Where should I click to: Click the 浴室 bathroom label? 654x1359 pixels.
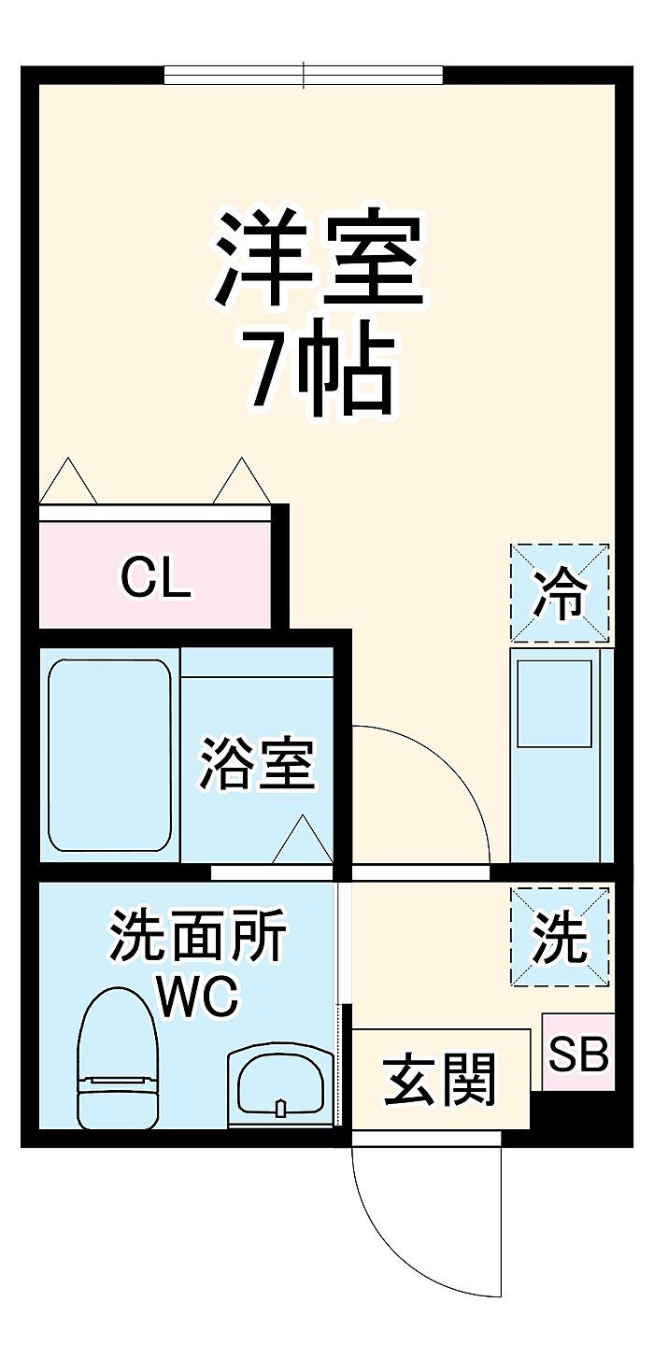257,764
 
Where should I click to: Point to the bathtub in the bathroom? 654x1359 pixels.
109,756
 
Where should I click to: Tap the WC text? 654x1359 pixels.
198,997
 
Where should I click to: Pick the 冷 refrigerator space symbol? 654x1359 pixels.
560,593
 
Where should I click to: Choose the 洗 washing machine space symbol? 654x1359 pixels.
560,937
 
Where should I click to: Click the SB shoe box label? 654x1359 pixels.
578,1054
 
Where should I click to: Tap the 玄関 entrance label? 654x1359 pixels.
439,1080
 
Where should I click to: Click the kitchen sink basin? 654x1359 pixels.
555,703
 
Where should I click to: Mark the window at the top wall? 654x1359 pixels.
303,75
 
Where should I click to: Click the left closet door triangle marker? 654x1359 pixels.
67,482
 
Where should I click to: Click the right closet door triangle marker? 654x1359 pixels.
242,482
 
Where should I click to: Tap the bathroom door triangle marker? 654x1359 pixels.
303,841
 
